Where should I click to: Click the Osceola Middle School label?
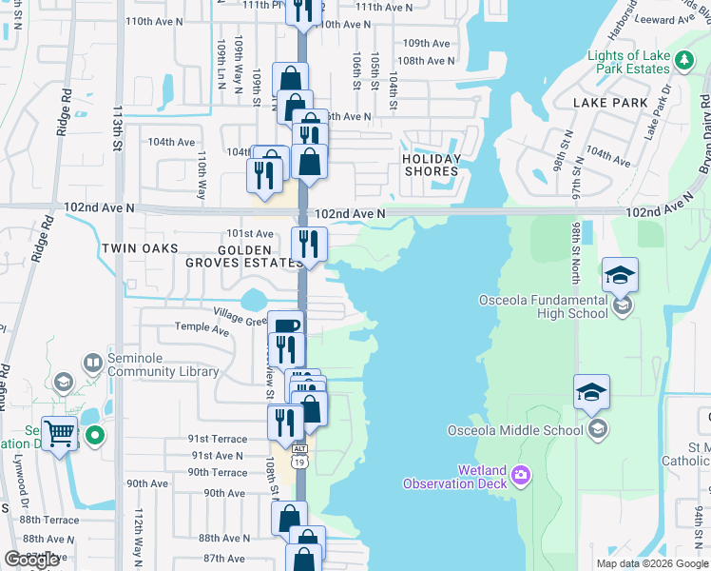click(515, 430)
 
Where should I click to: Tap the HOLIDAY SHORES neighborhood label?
click(431, 165)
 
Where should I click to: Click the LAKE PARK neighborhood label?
click(610, 103)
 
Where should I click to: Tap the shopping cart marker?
click(59, 435)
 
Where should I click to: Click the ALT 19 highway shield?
click(300, 454)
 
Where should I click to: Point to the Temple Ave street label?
click(202, 329)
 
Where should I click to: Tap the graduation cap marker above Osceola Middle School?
click(591, 391)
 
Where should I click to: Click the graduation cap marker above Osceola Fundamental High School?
click(620, 275)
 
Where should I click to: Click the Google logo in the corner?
click(30, 561)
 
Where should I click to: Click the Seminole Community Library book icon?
click(93, 362)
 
